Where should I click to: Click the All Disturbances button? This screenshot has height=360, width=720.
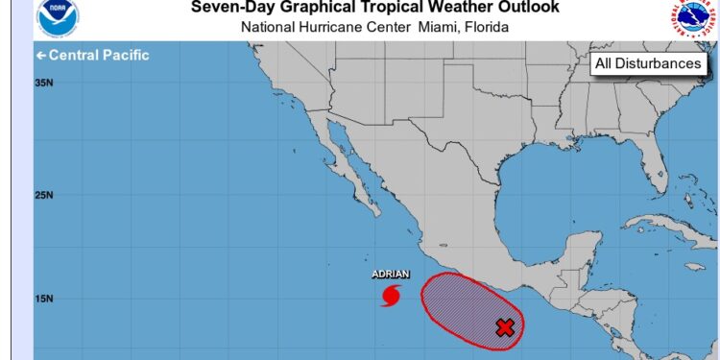click(x=648, y=63)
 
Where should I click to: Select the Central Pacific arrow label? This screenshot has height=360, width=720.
click(x=92, y=55)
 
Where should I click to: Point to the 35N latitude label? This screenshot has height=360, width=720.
click(x=43, y=84)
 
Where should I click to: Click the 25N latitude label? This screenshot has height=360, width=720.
click(x=43, y=195)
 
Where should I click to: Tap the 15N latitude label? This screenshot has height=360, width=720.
click(x=43, y=299)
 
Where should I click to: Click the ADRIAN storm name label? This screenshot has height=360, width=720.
click(x=391, y=275)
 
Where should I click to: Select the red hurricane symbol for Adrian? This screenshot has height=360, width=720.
click(x=391, y=296)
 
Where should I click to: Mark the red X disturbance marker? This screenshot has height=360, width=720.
click(x=505, y=327)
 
